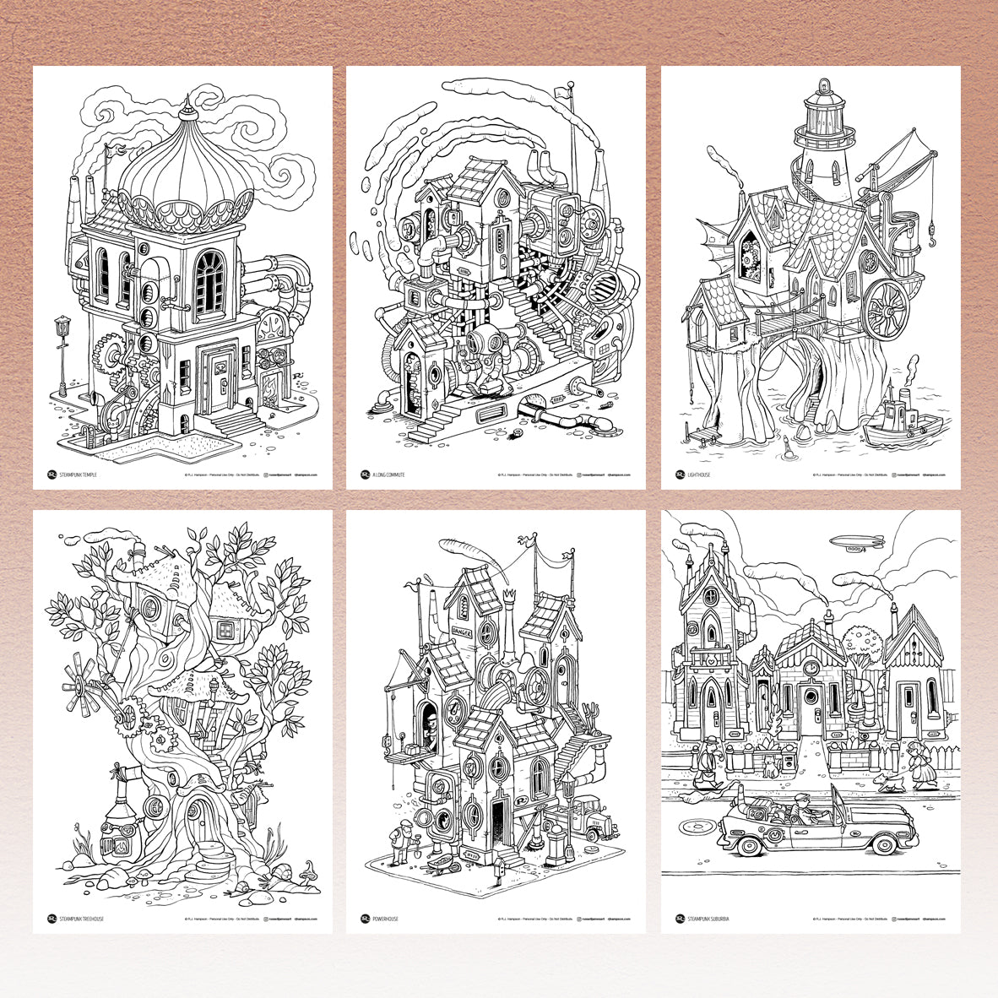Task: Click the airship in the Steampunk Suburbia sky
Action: (x=854, y=543)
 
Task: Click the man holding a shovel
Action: (x=396, y=842)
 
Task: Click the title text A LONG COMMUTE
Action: (x=388, y=475)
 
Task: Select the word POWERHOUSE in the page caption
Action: (x=387, y=919)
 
